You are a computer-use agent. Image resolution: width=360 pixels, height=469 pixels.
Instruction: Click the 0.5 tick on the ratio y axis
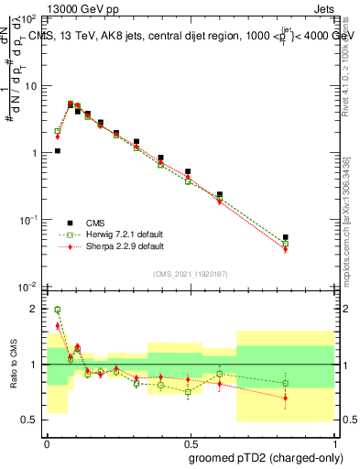point(31,420)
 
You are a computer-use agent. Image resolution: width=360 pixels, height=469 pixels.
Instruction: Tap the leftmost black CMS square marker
point(57,151)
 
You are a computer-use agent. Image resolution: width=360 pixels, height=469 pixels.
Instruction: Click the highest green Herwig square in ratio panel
point(57,310)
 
